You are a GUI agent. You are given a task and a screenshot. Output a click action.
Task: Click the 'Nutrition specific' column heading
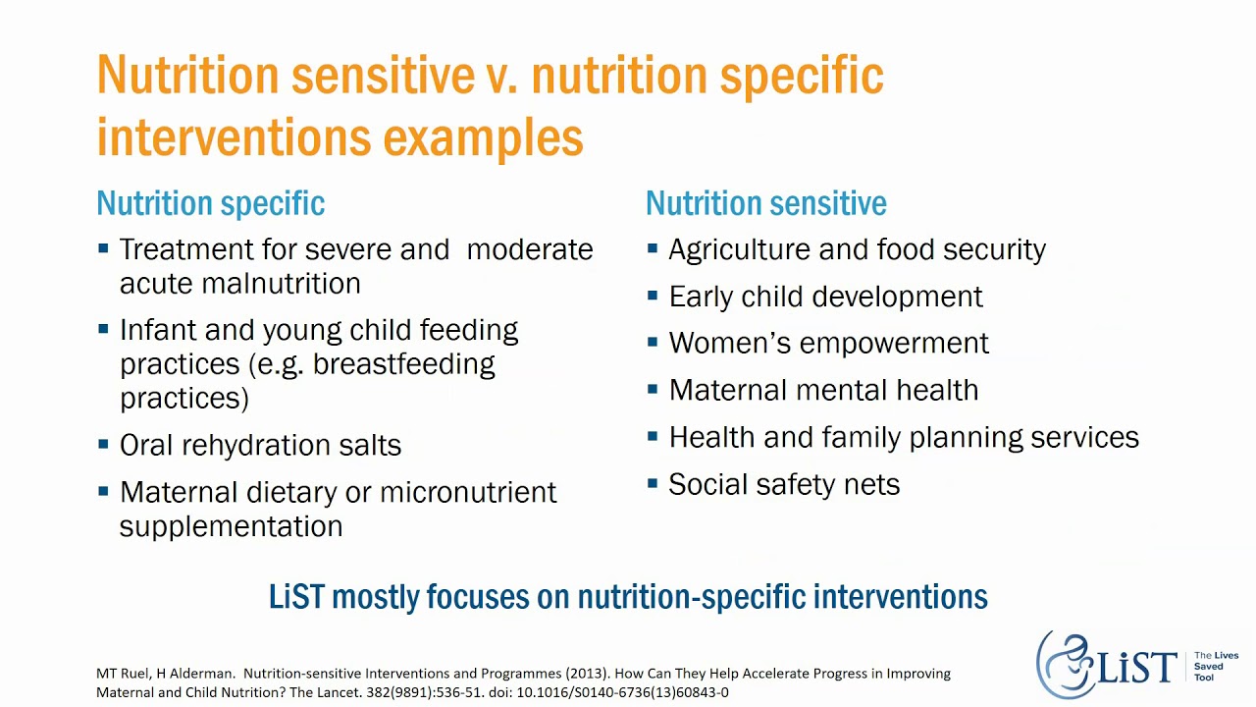(210, 203)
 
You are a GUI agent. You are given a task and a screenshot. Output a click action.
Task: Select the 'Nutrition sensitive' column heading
(765, 203)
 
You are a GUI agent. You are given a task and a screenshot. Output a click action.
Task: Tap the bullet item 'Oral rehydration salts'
(260, 445)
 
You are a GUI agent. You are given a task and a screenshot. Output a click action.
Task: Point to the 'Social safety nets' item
(783, 484)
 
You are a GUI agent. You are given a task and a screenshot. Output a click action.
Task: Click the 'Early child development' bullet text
(825, 297)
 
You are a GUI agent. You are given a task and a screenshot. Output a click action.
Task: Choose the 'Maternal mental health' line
(823, 390)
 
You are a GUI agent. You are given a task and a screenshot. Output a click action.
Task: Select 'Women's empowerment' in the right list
(828, 343)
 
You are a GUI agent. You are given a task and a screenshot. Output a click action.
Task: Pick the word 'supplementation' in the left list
(231, 526)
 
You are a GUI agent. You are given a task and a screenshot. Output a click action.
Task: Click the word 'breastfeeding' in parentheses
(403, 364)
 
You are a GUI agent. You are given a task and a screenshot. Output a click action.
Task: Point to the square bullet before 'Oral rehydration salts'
(104, 444)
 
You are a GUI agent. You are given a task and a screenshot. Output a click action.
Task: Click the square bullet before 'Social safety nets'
(653, 483)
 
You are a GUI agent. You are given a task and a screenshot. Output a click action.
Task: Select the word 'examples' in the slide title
(483, 137)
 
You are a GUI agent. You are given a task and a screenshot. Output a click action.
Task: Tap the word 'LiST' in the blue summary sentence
(296, 596)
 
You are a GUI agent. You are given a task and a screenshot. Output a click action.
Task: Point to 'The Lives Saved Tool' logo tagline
(1215, 667)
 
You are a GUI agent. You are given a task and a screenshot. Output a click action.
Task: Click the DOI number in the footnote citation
(622, 692)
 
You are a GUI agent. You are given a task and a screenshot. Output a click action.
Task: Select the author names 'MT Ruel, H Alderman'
(165, 674)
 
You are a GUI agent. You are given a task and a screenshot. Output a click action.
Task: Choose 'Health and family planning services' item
(903, 437)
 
